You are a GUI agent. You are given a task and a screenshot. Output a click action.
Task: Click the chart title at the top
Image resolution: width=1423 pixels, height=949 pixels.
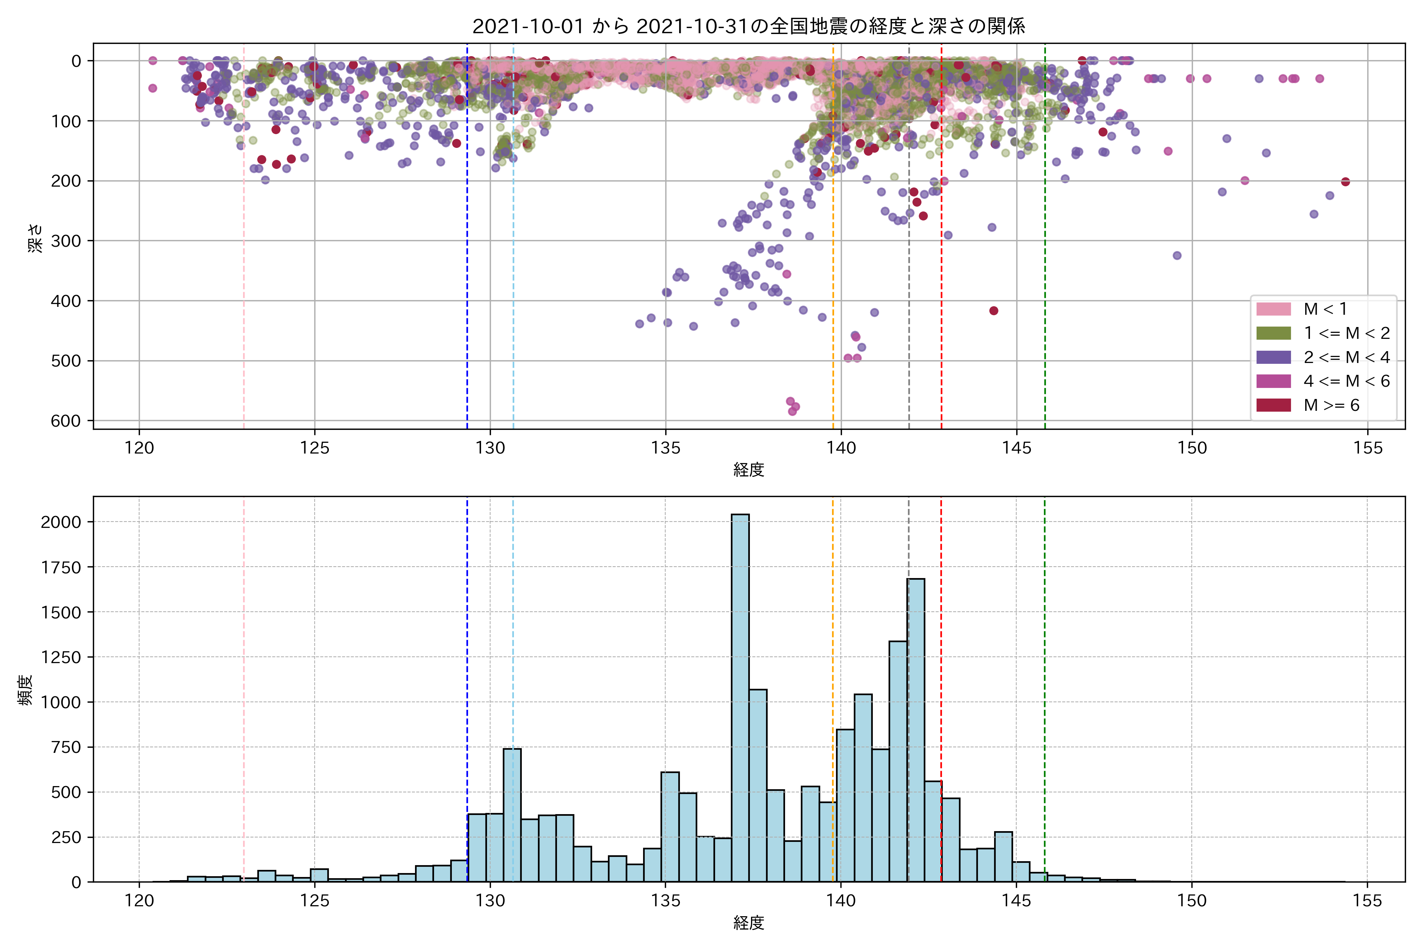click(748, 26)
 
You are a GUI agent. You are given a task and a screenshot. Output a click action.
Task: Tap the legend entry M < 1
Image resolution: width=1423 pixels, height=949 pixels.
click(1325, 309)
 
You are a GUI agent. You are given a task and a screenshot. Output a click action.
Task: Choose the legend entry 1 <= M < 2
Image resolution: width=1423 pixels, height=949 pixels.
click(1346, 333)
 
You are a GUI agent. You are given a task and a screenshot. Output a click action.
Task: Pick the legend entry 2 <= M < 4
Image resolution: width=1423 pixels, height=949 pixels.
click(1346, 357)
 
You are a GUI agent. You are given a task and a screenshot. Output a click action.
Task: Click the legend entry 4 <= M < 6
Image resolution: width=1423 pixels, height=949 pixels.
click(1346, 381)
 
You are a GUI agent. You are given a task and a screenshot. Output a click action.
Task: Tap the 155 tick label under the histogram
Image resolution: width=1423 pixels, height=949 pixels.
click(1367, 901)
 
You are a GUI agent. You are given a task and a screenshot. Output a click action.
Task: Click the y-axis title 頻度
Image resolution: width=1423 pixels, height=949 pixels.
click(25, 690)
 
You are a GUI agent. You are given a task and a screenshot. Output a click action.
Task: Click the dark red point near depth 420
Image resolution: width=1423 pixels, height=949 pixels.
click(993, 310)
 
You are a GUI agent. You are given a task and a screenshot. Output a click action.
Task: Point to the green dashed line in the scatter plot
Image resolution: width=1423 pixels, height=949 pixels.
click(1045, 242)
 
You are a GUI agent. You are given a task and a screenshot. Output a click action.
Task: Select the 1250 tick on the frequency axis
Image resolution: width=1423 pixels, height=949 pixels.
click(60, 657)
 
